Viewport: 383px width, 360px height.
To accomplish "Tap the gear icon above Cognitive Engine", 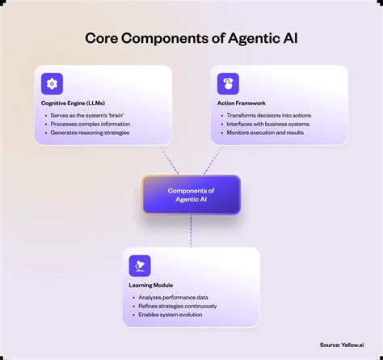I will pos(53,83).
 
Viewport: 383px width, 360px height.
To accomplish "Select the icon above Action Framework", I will pos(229,83).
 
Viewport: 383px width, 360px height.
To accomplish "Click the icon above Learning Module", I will pos(140,265).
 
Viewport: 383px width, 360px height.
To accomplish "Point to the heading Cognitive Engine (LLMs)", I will pos(74,104).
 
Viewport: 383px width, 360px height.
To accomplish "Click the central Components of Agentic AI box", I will pos(191,195).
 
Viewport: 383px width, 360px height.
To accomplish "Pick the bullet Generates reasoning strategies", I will pos(90,133).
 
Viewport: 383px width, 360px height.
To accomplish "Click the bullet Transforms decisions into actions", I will pos(268,115).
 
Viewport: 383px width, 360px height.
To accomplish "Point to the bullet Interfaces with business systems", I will pos(269,124).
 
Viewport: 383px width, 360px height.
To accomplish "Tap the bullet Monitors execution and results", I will pos(269,133).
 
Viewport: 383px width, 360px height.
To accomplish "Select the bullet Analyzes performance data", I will pos(173,297).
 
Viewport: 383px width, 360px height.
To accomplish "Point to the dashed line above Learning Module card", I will pos(191,231).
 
